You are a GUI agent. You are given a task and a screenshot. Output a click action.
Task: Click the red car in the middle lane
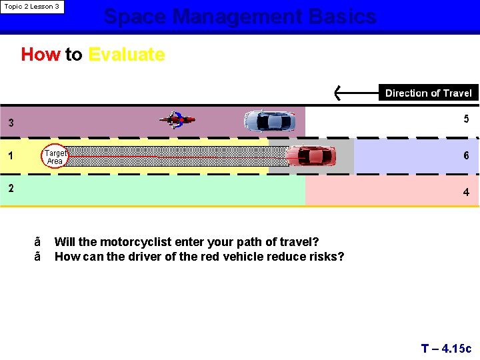tap(311, 156)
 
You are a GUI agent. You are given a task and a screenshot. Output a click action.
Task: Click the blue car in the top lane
tap(269, 121)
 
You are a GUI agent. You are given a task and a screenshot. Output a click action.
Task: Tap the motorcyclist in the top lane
tap(177, 120)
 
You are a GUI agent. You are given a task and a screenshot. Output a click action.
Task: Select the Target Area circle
tap(55, 157)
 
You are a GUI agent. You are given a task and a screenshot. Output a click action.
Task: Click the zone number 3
tap(11, 123)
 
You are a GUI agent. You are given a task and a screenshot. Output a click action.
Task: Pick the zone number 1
tap(11, 156)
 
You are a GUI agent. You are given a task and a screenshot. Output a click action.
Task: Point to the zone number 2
tap(11, 188)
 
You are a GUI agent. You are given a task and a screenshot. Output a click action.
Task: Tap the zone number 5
tap(466, 119)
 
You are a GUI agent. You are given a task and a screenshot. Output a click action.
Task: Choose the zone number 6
tap(466, 155)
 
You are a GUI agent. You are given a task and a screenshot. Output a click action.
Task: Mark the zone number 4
tap(466, 192)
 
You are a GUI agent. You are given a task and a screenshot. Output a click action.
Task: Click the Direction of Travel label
tap(428, 93)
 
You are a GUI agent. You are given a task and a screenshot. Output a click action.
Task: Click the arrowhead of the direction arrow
tap(339, 93)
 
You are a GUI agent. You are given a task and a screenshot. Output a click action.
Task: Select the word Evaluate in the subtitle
tap(127, 54)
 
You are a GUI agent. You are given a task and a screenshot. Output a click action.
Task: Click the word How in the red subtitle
tap(40, 54)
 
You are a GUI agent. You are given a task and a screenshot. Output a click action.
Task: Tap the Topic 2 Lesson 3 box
tap(32, 7)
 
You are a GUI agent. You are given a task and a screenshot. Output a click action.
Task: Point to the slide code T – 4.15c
tap(446, 348)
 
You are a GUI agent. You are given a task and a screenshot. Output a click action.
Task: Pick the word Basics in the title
tap(342, 16)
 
